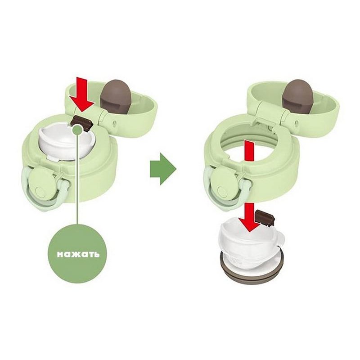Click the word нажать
(78, 254)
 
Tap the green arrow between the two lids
(163, 169)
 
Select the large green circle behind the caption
(78, 254)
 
